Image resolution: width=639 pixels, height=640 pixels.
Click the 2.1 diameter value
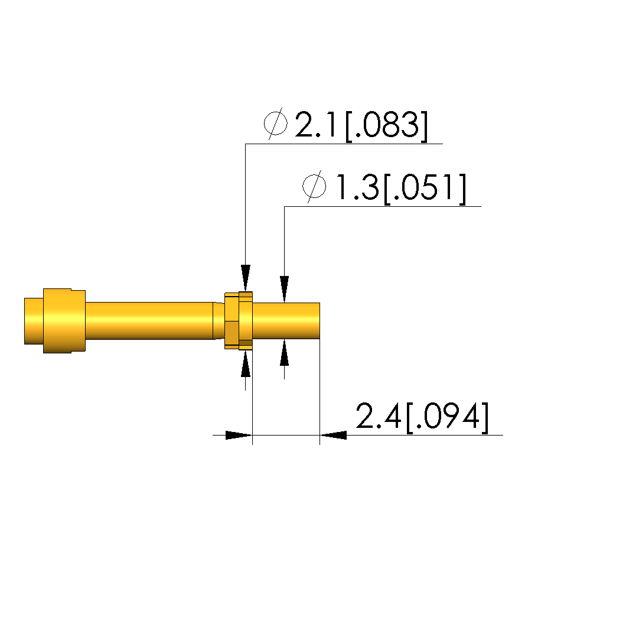pos(315,124)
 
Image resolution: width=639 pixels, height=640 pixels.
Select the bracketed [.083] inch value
pos(387,126)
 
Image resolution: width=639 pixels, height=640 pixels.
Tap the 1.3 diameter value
pos(357,187)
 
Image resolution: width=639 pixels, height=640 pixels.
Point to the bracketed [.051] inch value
pos(425,189)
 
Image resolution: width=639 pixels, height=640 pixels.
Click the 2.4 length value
pos(378,416)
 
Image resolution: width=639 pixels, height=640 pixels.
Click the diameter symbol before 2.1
pos(276,124)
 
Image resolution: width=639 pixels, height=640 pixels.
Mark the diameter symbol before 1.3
pos(314,186)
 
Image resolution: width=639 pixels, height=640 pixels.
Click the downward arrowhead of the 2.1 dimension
pos(246,278)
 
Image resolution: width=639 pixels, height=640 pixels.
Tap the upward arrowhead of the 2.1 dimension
pos(246,363)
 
